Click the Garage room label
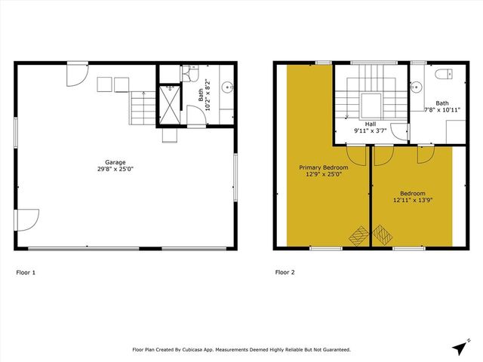pyautogui.click(x=115, y=162)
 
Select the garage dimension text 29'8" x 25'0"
pyautogui.click(x=115, y=169)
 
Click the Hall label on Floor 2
pyautogui.click(x=370, y=124)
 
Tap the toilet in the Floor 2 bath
pyautogui.click(x=444, y=74)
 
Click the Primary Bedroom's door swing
pyautogui.click(x=358, y=155)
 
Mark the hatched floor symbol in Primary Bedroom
pyautogui.click(x=356, y=235)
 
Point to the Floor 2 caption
pyautogui.click(x=285, y=271)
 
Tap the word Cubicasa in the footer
pyautogui.click(x=204, y=350)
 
